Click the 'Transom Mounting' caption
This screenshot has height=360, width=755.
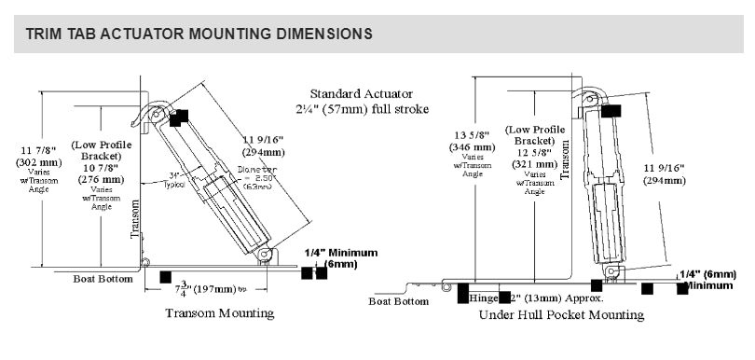[x=220, y=313]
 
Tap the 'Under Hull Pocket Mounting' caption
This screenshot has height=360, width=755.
[x=561, y=315]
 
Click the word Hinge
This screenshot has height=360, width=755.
[x=486, y=299]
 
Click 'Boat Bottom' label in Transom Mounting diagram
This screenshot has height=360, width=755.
[x=103, y=279]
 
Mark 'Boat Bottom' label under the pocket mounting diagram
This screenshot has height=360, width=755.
[x=398, y=300]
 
